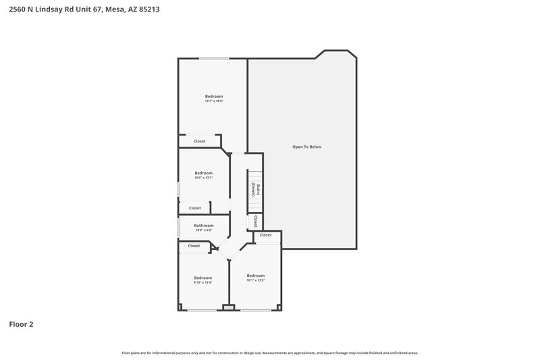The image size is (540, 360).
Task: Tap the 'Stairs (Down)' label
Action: (x=256, y=190)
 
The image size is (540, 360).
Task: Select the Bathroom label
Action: (x=204, y=226)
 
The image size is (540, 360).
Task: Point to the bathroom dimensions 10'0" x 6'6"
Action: (x=204, y=230)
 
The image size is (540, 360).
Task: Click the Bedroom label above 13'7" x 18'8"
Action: (x=214, y=96)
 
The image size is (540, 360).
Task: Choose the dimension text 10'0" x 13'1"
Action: (x=204, y=178)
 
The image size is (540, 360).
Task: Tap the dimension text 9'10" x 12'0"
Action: (x=203, y=282)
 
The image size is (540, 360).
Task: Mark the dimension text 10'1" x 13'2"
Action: (x=256, y=280)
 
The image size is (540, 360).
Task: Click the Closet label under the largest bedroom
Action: (x=200, y=141)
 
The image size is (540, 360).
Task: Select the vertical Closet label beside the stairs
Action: (x=256, y=221)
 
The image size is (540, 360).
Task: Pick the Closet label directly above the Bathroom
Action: (x=195, y=208)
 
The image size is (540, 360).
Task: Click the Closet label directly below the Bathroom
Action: (x=194, y=246)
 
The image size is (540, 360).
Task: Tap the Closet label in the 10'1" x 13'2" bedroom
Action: (x=266, y=235)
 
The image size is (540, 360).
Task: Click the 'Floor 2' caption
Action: (x=21, y=324)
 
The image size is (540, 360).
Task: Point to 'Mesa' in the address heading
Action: (x=116, y=10)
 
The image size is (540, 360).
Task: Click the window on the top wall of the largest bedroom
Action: (x=213, y=59)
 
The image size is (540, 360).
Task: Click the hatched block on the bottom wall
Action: (x=229, y=308)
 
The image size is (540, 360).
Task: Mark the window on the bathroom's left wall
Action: (x=178, y=226)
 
